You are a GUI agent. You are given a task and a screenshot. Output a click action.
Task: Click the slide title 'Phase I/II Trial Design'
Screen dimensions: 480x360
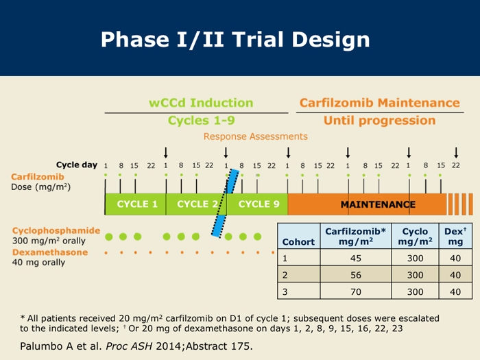235,40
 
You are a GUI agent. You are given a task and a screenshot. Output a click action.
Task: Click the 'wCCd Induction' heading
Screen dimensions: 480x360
201,103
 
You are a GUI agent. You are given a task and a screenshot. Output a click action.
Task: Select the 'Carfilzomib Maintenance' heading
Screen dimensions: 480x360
380,103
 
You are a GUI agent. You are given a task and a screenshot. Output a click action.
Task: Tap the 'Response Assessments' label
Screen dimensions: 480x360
256,136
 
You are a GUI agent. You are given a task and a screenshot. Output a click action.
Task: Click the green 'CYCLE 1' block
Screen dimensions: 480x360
135,204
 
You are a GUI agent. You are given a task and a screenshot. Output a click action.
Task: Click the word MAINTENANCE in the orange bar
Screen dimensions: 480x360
378,204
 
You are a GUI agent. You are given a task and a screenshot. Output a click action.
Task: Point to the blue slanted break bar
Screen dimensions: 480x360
226,203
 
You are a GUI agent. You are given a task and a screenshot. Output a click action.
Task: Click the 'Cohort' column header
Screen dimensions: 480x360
298,242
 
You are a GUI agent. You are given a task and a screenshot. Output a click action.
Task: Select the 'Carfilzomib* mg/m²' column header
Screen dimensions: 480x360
356,237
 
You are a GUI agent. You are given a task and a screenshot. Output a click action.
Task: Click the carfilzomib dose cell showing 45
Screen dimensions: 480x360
356,258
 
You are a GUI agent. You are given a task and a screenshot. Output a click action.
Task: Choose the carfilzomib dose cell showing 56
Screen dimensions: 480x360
356,274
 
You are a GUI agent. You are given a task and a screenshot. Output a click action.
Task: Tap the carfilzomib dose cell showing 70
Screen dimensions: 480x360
356,291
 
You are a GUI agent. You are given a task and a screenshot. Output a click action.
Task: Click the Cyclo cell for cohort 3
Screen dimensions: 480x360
415,291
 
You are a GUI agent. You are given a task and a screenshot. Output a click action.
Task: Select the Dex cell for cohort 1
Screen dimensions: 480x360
455,258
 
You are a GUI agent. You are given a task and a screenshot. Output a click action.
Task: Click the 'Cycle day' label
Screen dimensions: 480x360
77,165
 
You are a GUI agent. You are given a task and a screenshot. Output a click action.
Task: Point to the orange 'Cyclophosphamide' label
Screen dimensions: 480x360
56,230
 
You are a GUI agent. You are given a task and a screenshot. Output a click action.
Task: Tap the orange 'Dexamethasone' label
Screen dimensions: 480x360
50,252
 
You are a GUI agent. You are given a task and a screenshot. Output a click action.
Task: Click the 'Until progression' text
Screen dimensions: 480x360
380,121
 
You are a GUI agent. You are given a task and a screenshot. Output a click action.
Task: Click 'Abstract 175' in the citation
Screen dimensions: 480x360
219,346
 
